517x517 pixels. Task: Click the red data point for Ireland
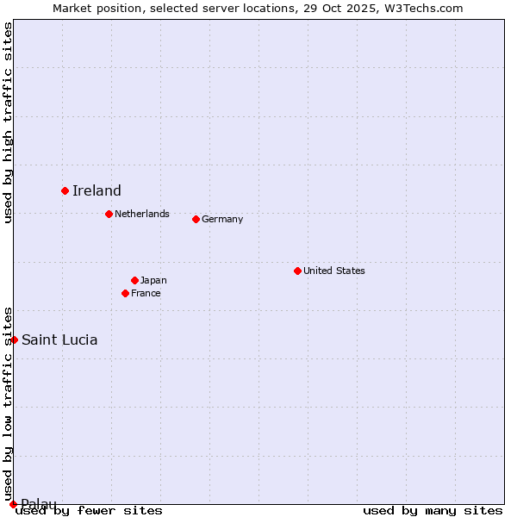click(65, 190)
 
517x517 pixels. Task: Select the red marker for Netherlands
click(109, 214)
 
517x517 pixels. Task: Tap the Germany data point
click(196, 219)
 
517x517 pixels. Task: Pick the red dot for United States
click(297, 271)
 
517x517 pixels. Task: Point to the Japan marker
click(134, 280)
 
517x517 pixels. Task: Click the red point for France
click(125, 293)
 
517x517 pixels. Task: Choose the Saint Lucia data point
click(14, 339)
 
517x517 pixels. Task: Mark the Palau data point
click(13, 504)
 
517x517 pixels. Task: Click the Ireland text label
click(97, 191)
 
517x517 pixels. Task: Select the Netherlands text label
click(142, 214)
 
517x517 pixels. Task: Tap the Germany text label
click(222, 219)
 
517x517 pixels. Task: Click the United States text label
click(334, 271)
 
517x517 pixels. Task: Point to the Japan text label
click(153, 280)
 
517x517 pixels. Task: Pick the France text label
click(146, 293)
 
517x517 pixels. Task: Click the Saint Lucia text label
click(59, 339)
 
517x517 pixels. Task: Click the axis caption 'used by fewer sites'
click(90, 510)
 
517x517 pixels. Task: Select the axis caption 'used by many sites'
click(433, 510)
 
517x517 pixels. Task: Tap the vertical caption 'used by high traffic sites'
click(9, 122)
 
